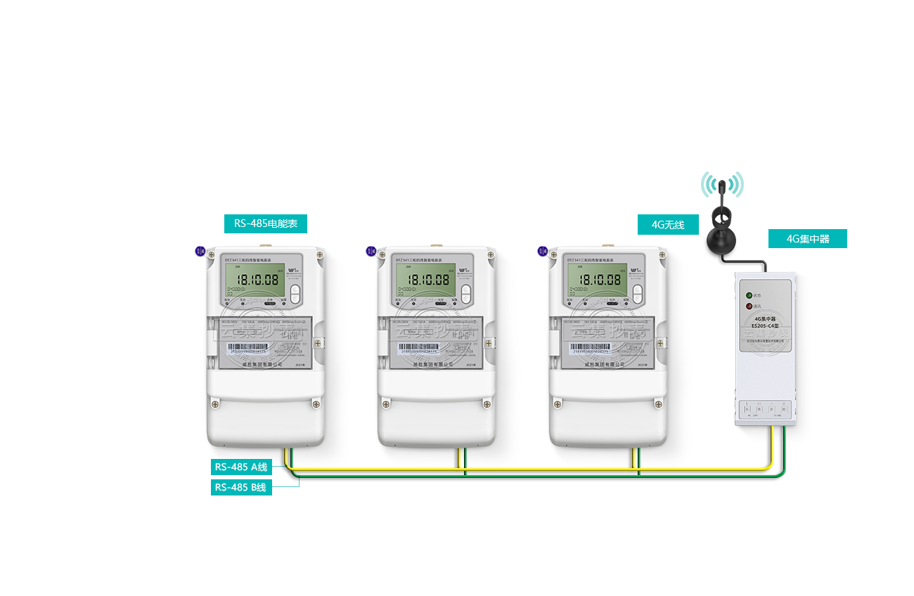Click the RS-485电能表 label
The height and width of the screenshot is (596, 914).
point(266,223)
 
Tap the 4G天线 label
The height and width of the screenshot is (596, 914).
point(667,225)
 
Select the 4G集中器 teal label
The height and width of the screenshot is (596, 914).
point(808,238)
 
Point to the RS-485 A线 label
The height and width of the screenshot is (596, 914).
point(241,467)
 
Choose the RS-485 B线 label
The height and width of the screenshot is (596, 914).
point(241,487)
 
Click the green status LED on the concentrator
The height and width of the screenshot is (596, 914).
point(749,295)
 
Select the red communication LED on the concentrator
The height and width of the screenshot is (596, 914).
point(749,306)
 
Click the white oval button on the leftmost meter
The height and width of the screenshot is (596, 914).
point(295,293)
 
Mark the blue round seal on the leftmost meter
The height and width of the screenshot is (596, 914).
point(200,250)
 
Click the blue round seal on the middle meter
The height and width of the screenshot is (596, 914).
point(371,250)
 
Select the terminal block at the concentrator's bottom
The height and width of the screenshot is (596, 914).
point(767,410)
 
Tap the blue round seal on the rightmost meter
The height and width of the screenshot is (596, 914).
point(542,250)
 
